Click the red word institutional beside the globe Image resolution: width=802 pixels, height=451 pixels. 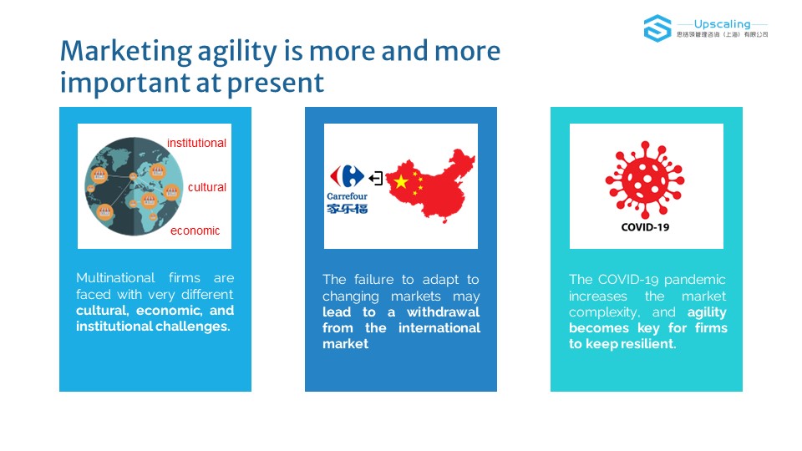pos(196,143)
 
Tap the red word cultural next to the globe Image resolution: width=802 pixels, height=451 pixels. pos(206,187)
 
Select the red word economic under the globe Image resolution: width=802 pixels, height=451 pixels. pos(195,231)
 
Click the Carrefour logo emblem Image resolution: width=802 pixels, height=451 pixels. pos(347,176)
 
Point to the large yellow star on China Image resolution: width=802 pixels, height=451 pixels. pos(401,181)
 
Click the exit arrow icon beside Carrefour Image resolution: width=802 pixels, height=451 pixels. pos(376,178)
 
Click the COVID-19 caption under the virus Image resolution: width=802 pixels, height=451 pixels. pos(645,227)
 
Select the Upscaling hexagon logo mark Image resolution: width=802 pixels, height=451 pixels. pos(657,28)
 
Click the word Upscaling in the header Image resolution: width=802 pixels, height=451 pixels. pos(722,24)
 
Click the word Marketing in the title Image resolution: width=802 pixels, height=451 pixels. pos(126,52)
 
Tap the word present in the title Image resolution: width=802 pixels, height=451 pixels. pos(276,84)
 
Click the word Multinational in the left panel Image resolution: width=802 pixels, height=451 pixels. pos(115,277)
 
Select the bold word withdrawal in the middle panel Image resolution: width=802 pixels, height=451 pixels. pos(443,312)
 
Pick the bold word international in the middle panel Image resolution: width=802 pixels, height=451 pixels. pos(439,327)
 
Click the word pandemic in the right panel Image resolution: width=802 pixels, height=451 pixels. pos(694,281)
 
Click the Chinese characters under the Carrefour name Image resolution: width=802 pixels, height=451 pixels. pos(348,208)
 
